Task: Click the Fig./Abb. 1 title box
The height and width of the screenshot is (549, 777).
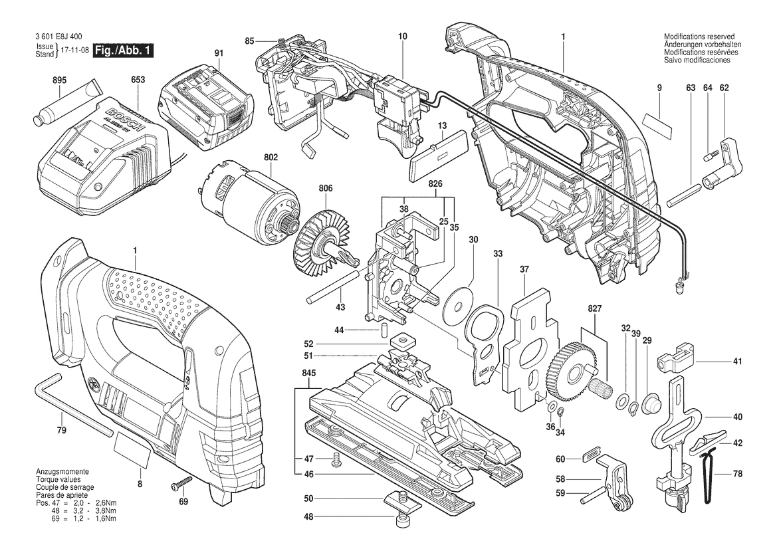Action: click(x=124, y=51)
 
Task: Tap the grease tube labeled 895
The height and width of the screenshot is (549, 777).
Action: click(x=68, y=104)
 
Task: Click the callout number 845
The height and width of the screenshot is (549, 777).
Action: click(x=308, y=373)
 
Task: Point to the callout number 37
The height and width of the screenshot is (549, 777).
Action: click(x=524, y=270)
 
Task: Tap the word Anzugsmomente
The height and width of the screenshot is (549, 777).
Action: click(x=62, y=471)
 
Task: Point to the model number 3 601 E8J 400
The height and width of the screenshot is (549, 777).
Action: click(x=59, y=37)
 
